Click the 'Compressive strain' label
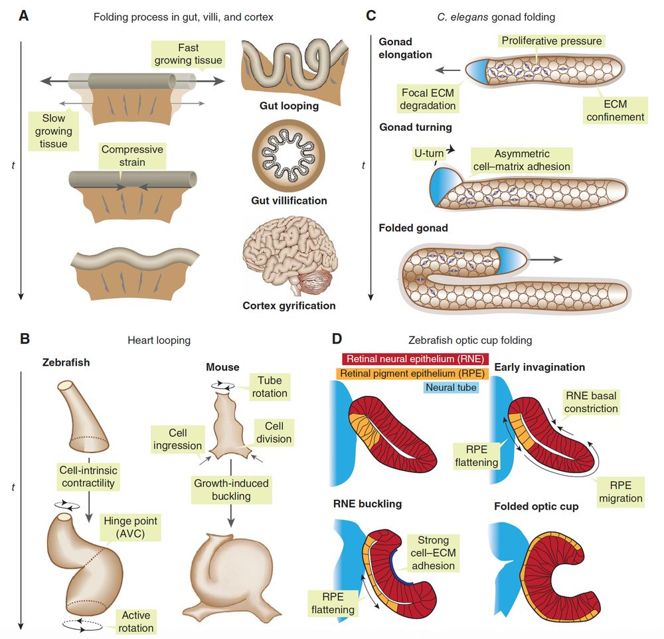(132, 157)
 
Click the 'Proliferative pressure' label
(552, 41)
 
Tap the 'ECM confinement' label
(616, 110)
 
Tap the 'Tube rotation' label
(270, 387)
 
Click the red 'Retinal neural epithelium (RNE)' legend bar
(415, 358)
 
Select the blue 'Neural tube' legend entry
(450, 388)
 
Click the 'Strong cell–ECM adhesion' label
(434, 553)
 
